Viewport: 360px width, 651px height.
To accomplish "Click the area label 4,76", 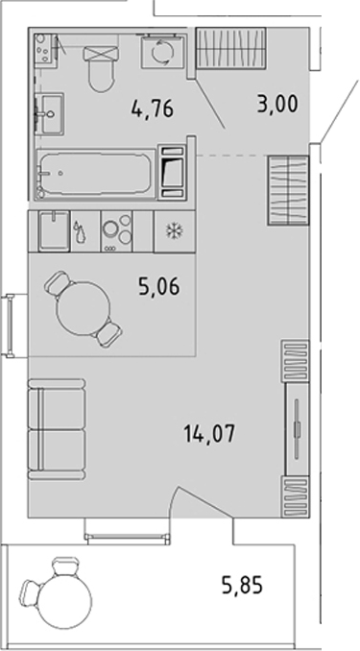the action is [152, 109].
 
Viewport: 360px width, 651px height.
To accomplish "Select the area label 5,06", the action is [160, 286].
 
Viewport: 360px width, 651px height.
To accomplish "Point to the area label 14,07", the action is [209, 435].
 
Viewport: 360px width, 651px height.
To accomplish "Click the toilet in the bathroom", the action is [101, 68].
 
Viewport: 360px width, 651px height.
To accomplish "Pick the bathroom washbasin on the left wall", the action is [50, 113].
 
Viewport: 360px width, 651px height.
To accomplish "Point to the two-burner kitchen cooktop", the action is [117, 231].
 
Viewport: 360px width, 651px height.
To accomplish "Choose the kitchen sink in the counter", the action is [55, 230].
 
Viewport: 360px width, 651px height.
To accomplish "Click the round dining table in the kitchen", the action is [84, 307].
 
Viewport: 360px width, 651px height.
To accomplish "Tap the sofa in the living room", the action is [57, 429].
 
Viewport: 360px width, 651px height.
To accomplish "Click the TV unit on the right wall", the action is [297, 429].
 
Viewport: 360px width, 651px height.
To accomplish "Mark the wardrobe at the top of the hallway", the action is [230, 47].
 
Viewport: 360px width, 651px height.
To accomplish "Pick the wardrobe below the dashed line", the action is [288, 190].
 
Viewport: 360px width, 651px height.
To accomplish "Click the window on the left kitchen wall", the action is [10, 325].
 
